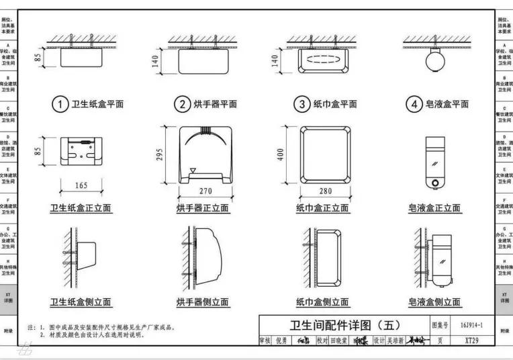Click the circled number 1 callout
[60, 104]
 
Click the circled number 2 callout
[182, 104]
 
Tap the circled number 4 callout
[414, 104]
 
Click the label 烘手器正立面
[203, 208]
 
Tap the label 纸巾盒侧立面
[322, 302]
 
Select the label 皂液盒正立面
[434, 208]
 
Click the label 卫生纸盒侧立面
[81, 302]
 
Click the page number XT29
[471, 341]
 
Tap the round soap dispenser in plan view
[434, 61]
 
